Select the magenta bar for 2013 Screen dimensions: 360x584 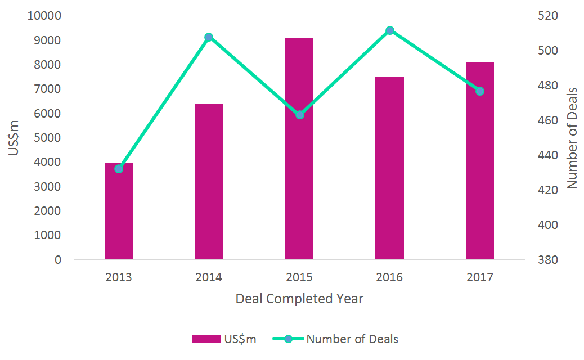point(119,214)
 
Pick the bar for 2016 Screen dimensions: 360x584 point(389,168)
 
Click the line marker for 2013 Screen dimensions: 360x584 point(119,169)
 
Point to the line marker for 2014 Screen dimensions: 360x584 point(209,37)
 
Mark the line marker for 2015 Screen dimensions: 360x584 point(300,115)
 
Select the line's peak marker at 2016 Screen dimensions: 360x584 point(390,30)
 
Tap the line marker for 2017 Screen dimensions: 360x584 point(480,91)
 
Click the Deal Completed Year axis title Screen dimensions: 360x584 point(299,299)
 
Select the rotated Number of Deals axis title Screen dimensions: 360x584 point(572,138)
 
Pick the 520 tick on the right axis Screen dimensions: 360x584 point(547,16)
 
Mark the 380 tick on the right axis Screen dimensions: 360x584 point(547,260)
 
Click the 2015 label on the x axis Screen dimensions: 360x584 point(299,277)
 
